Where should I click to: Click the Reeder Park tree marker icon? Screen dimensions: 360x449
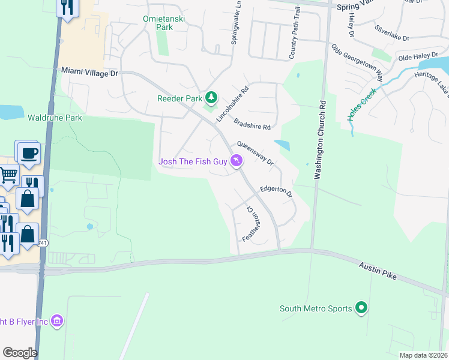point(211,97)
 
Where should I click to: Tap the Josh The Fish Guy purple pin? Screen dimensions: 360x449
point(237,161)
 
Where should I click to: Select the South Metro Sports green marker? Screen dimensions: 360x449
point(361,308)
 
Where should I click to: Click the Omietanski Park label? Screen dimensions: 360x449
point(163,23)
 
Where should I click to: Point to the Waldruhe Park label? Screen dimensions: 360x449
point(55,118)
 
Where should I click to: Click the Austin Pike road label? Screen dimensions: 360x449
point(378,270)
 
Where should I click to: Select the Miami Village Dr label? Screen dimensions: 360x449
point(90,72)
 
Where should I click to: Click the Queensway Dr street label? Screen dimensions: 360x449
point(255,153)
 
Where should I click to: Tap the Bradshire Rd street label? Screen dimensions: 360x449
point(252,123)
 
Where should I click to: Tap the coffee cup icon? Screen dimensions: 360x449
point(28,153)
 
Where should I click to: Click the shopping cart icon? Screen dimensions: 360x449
point(8,175)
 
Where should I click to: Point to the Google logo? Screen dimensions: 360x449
point(20,353)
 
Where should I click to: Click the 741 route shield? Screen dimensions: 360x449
point(43,243)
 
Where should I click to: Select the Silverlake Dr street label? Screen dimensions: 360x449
point(391,32)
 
